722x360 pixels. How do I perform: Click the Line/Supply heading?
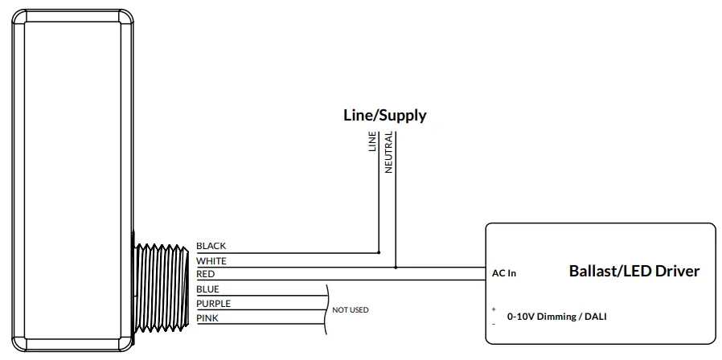[x=384, y=115]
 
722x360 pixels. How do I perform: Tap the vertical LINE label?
[x=372, y=141]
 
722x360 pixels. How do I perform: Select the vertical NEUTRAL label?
[x=388, y=153]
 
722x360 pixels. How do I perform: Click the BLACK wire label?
[x=211, y=246]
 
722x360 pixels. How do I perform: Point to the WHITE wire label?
[x=211, y=261]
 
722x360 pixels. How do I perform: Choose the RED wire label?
[x=205, y=275]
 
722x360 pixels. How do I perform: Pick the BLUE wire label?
[x=207, y=289]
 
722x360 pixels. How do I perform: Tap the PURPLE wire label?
[x=213, y=304]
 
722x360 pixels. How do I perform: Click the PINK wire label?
[x=207, y=319]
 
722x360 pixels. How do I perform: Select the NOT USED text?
[x=350, y=309]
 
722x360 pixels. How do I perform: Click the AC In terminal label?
[x=504, y=273]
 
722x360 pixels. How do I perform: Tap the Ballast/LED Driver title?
[x=634, y=271]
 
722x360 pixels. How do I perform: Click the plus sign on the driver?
[x=493, y=309]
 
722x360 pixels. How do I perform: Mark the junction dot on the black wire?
[x=379, y=252]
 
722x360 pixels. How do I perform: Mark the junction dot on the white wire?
[x=396, y=267]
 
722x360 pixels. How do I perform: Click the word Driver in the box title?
[x=677, y=271]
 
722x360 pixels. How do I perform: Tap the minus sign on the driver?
[x=493, y=323]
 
